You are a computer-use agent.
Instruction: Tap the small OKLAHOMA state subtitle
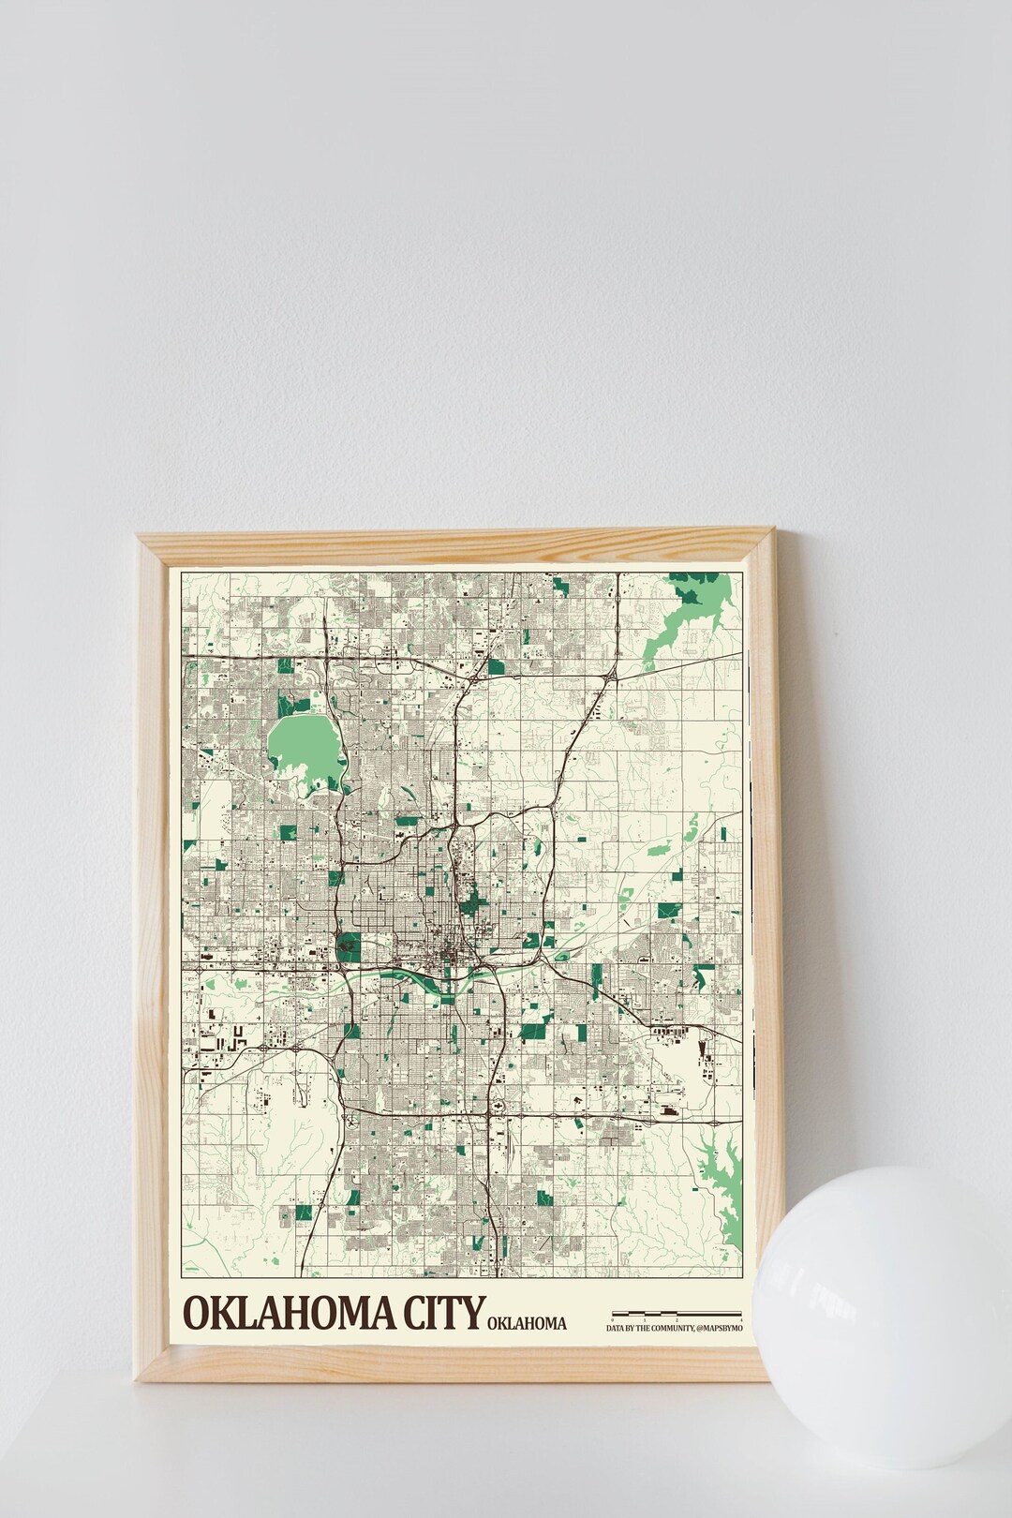(x=527, y=1323)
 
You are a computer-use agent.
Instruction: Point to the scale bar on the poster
(x=677, y=1313)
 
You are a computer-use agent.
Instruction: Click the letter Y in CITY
(x=475, y=1312)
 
